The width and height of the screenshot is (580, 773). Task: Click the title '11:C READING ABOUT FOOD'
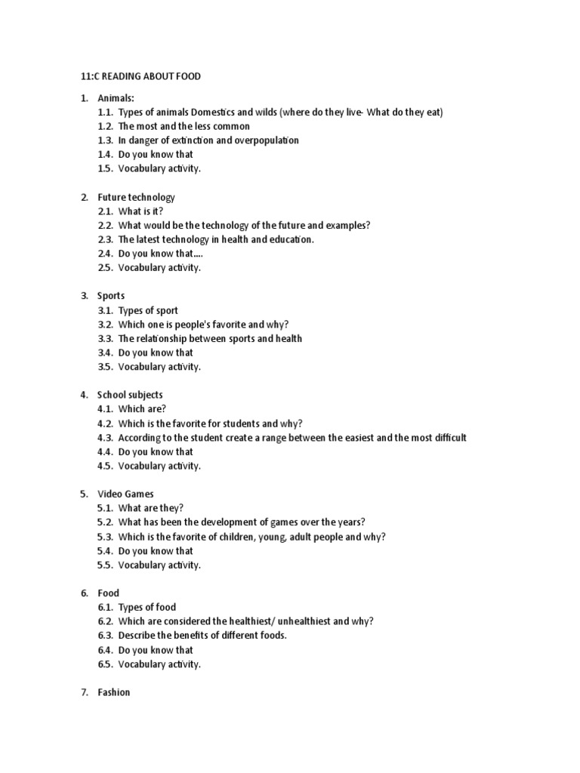click(x=141, y=76)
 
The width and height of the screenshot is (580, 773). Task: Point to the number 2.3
click(x=105, y=239)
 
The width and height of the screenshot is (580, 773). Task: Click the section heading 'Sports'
click(x=111, y=296)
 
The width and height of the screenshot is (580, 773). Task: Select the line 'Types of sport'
click(x=148, y=310)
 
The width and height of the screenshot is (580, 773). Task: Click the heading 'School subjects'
click(x=130, y=395)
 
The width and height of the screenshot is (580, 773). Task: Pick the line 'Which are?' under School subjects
click(x=142, y=409)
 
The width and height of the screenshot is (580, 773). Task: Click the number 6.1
click(x=105, y=607)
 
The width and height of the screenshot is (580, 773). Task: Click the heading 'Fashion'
click(x=114, y=692)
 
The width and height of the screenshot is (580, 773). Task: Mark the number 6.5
click(x=105, y=664)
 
